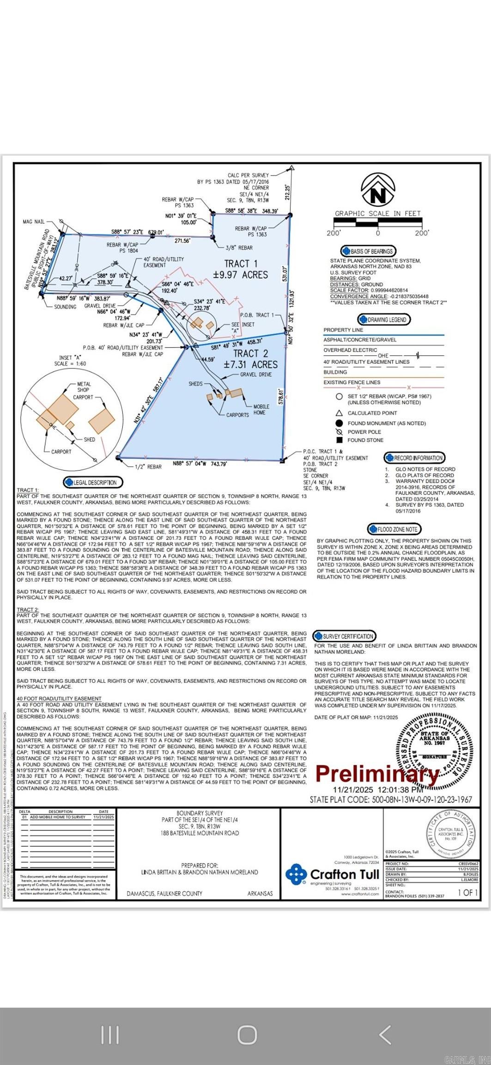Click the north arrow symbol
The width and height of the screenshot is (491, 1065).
tap(378, 190)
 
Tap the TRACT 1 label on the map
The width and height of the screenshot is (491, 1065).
tap(241, 263)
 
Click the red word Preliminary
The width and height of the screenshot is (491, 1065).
tap(377, 773)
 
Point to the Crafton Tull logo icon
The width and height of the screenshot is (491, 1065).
tap(296, 874)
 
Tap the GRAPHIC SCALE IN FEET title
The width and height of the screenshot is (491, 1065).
tap(378, 214)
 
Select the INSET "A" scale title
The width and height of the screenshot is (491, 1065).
tap(73, 361)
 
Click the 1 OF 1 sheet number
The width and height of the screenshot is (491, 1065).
tap(467, 892)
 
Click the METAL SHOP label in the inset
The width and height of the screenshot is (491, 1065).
tap(84, 387)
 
